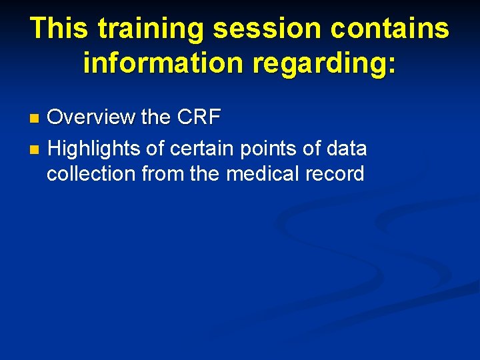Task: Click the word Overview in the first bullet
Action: tap(91, 117)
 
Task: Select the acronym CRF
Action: tap(199, 117)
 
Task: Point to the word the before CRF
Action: tap(156, 117)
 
